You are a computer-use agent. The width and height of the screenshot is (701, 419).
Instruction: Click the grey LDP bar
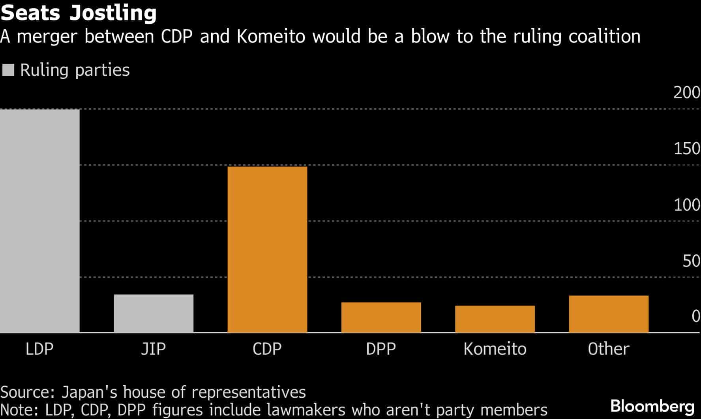(x=39, y=221)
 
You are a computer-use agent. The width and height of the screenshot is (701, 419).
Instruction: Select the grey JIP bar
(x=154, y=314)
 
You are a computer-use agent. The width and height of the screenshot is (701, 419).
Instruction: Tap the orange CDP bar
(x=267, y=249)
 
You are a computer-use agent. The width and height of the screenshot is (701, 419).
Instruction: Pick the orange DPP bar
(x=381, y=318)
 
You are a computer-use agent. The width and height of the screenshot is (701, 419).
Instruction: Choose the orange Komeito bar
(x=495, y=319)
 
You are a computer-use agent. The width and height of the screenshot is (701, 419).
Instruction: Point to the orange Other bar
(x=608, y=314)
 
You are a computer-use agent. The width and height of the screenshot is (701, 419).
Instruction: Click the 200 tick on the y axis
(x=686, y=93)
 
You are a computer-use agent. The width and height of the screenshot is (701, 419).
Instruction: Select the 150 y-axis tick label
(x=686, y=149)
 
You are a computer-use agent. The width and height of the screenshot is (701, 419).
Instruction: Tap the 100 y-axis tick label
(x=686, y=205)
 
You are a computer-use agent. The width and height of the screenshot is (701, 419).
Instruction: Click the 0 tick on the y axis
(x=695, y=316)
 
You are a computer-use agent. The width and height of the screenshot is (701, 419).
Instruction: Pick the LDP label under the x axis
(x=39, y=349)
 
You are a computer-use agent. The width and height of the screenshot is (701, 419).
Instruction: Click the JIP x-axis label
(x=154, y=349)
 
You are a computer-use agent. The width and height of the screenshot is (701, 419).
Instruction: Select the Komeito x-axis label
(x=495, y=349)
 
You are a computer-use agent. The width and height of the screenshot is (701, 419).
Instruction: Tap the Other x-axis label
(x=608, y=349)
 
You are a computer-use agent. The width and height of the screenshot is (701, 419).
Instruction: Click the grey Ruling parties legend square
(x=8, y=70)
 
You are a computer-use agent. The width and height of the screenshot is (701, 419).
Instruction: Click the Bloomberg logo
(x=652, y=406)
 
